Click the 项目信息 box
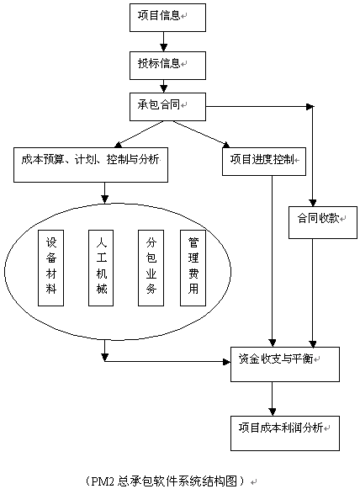(x=167, y=18)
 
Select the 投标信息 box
(x=167, y=66)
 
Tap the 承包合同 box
(x=167, y=107)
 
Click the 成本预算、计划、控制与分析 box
(x=91, y=165)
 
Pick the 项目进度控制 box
(x=264, y=162)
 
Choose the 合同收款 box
(x=323, y=222)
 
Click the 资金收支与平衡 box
(x=285, y=364)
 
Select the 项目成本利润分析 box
(x=285, y=433)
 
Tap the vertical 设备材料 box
(x=50, y=268)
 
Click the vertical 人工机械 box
(x=101, y=268)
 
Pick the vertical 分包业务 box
(x=151, y=268)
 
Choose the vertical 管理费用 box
(x=193, y=268)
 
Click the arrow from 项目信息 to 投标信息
(x=164, y=41)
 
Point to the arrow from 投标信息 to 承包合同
(x=164, y=86)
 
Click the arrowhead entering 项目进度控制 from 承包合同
(x=226, y=145)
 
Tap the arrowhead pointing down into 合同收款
(x=313, y=203)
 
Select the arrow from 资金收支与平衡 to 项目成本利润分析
(x=273, y=399)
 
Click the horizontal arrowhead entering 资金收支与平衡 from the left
(x=226, y=362)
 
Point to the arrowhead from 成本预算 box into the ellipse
(x=105, y=199)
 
